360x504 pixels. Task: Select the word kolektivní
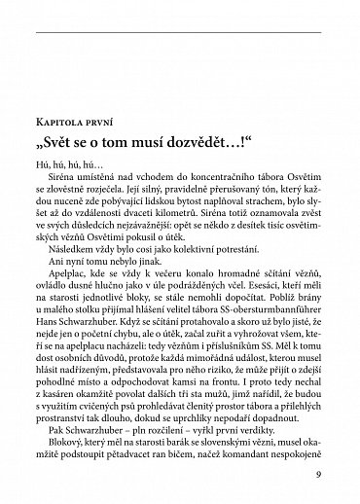coord(167,276)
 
